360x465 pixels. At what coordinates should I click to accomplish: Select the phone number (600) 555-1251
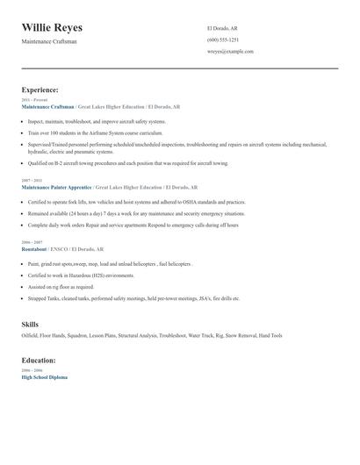pyautogui.click(x=222, y=39)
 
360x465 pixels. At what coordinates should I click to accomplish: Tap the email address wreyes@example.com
pyautogui.click(x=230, y=52)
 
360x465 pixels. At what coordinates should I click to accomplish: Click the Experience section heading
pyautogui.click(x=40, y=89)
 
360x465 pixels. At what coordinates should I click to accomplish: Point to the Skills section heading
pyautogui.click(x=30, y=325)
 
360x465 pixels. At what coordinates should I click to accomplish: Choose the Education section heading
pyautogui.click(x=39, y=360)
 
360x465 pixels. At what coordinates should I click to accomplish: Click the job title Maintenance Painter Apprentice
pyautogui.click(x=55, y=187)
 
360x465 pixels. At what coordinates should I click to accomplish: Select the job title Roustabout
pyautogui.click(x=33, y=249)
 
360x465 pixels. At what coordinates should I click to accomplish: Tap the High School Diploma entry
pyautogui.click(x=44, y=376)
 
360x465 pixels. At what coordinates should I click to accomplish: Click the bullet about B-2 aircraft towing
pyautogui.click(x=127, y=162)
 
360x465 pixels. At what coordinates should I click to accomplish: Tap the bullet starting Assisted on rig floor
pyautogui.click(x=61, y=286)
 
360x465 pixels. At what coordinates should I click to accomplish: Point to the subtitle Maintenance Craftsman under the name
pyautogui.click(x=49, y=41)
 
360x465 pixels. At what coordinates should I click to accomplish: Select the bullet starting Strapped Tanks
pyautogui.click(x=133, y=298)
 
